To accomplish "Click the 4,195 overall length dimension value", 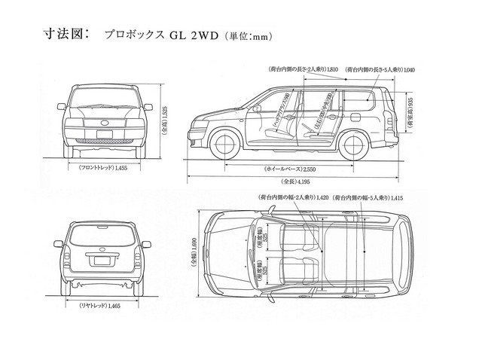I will pos(305,182).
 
